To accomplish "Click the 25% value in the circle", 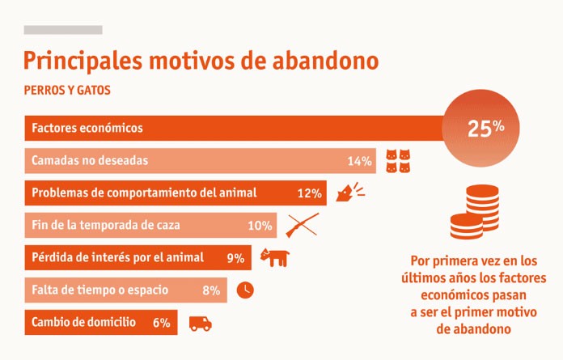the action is click(486, 128).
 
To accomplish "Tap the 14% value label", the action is click(359, 161).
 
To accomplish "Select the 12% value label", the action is click(310, 193).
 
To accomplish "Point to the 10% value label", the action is click(260, 226).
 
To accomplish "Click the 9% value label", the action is click(235, 258).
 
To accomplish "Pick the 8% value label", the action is click(211, 290).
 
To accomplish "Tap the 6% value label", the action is click(162, 322).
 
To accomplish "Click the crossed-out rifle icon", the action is click(303, 225).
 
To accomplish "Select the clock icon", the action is click(245, 290).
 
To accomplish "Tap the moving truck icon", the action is click(201, 324).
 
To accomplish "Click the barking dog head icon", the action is click(350, 192).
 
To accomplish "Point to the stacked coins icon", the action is click(475, 212).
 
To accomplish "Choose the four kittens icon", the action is click(398, 161).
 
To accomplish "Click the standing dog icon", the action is click(275, 257).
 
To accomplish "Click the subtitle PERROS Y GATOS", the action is click(67, 90).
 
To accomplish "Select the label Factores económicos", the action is click(87, 128).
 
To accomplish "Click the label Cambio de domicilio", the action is click(83, 322).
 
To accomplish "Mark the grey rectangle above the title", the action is click(63, 30).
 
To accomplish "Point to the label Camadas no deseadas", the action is click(90, 160).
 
